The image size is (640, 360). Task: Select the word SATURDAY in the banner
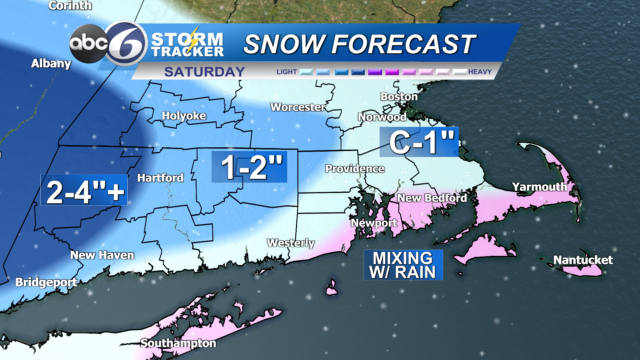(x=205, y=71)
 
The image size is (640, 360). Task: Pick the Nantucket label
(x=581, y=261)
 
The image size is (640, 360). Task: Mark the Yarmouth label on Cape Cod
(x=539, y=187)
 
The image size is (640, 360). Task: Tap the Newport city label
(x=368, y=222)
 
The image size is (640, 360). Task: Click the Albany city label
(x=50, y=63)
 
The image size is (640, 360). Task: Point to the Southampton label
(x=178, y=343)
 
